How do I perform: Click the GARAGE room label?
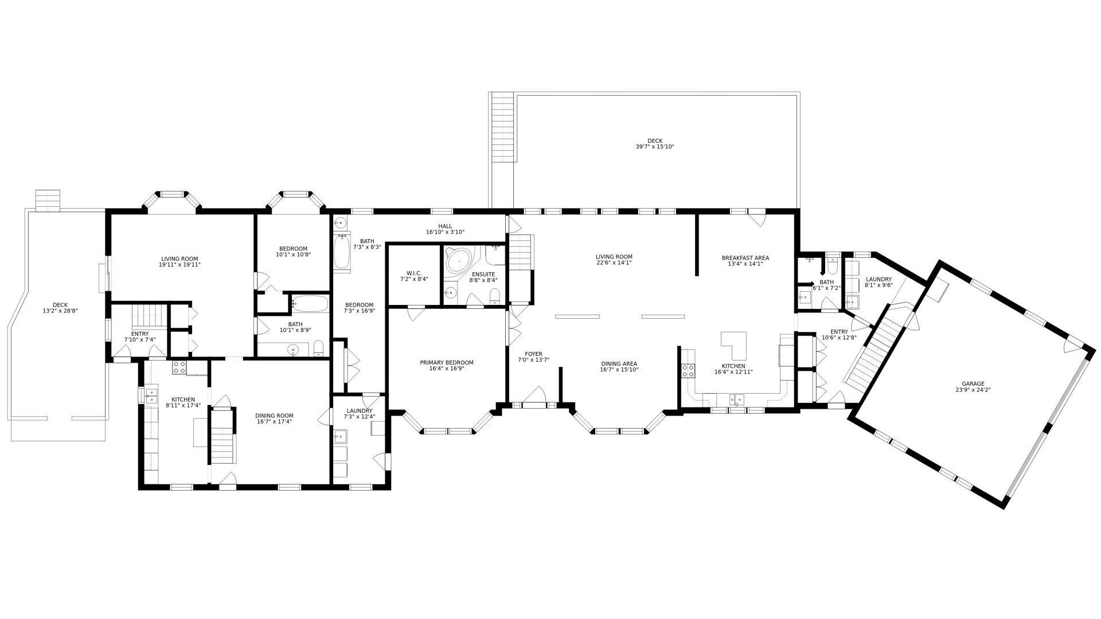tap(973, 383)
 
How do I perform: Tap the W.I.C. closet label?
tap(414, 273)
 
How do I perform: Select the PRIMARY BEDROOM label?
tap(447, 363)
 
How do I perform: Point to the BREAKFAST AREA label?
tap(745, 258)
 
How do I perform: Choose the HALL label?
tap(445, 226)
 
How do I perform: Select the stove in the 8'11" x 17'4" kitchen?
tap(179, 367)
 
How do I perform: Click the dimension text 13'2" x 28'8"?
tap(60, 311)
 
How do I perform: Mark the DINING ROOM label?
tap(274, 416)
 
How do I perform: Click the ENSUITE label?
tap(483, 274)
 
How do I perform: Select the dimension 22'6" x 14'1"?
tap(614, 263)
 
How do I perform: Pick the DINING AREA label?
tap(619, 363)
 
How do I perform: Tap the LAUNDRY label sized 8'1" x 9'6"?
tap(879, 279)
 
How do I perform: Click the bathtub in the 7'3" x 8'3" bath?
tap(342, 253)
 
